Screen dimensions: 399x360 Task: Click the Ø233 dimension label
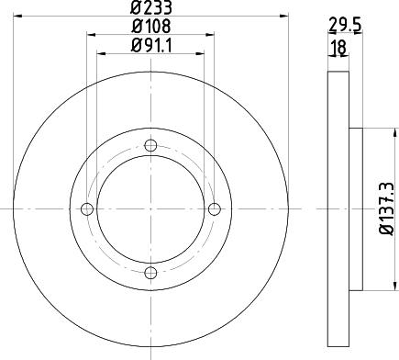151,7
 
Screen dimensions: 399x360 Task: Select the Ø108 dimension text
151,27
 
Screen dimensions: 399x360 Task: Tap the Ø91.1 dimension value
152,46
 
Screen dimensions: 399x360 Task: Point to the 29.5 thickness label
345,25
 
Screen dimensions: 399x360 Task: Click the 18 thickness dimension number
338,47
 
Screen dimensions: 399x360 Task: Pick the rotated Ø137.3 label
387,208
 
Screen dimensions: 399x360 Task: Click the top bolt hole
150,145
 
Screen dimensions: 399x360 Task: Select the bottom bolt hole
150,273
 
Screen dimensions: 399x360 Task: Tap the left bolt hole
87,209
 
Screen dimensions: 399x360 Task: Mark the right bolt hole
215,209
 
